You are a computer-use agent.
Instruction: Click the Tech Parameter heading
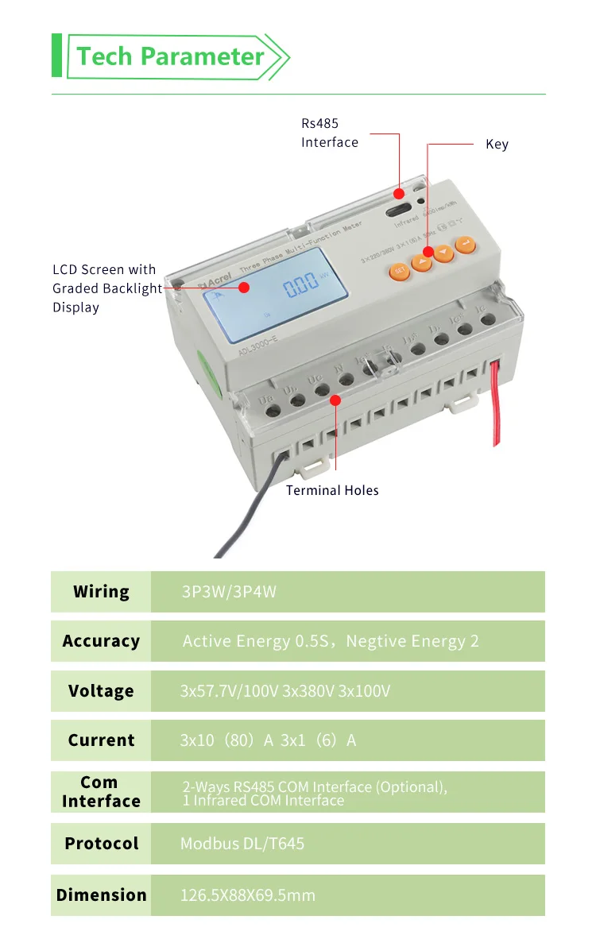(170, 56)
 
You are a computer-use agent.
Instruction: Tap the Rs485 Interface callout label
(329, 133)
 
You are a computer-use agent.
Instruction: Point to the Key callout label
(497, 144)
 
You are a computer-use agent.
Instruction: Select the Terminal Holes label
(332, 490)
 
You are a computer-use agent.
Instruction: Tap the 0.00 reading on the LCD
(301, 286)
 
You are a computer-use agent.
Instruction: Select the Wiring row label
(101, 592)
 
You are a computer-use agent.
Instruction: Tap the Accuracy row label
(101, 641)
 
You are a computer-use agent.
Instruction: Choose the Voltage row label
(101, 691)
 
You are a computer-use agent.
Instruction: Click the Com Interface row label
(101, 791)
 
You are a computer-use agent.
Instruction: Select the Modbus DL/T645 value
(242, 843)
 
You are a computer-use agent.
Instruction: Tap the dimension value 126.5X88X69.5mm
(248, 895)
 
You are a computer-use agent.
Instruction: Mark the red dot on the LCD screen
(245, 288)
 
